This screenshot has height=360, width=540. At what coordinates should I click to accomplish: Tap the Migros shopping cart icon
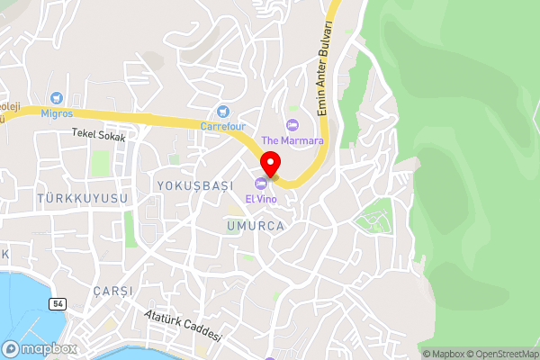coord(57,97)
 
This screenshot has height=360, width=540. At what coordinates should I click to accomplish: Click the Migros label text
coord(55,114)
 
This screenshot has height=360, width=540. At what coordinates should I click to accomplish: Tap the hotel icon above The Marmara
coord(291,124)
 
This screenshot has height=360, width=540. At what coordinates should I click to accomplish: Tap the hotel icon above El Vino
coord(261,183)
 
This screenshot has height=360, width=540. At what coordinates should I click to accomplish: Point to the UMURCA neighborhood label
coord(256,226)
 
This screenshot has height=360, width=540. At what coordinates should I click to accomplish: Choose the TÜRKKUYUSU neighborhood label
coord(83,197)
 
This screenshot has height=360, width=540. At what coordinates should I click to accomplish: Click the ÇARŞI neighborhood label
coord(112,292)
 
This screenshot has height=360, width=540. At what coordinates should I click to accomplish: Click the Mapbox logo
coord(39,348)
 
